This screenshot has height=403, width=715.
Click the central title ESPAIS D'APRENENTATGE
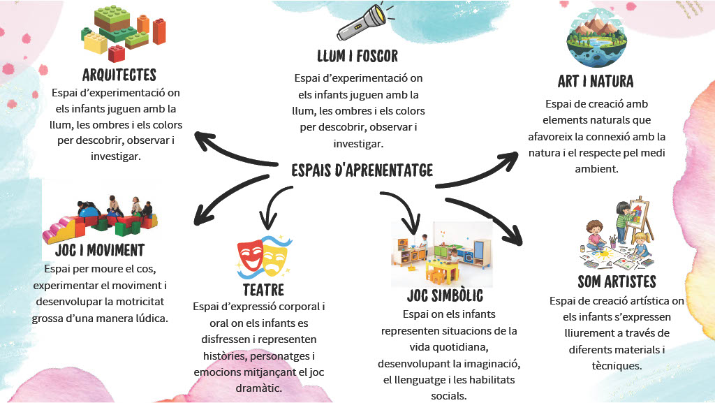362,170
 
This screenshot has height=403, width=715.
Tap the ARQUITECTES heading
119,75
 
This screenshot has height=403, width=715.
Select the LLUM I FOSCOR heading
357,56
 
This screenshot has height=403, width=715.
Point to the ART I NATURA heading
596,81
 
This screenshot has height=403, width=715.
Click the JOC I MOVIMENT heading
99,250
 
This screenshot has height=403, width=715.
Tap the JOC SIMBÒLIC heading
445,296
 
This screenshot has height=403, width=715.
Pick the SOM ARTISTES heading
617,282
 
